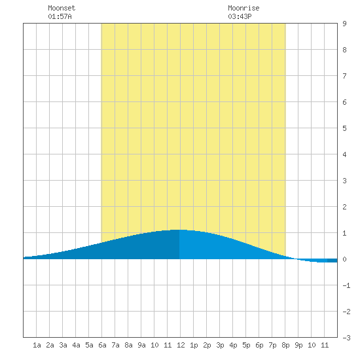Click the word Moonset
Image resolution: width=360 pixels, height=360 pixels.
pyautogui.click(x=62, y=8)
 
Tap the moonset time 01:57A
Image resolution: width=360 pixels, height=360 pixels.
pyautogui.click(x=60, y=16)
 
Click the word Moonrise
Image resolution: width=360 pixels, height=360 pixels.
pyautogui.click(x=243, y=8)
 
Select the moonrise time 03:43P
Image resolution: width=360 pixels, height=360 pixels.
pyautogui.click(x=240, y=16)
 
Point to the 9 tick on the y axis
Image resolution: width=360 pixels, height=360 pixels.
pyautogui.click(x=344, y=24)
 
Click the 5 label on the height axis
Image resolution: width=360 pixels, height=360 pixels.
pyautogui.click(x=344, y=128)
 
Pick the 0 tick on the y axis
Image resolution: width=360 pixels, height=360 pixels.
pyautogui.click(x=344, y=259)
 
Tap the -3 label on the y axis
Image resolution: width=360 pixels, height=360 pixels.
pyautogui.click(x=346, y=338)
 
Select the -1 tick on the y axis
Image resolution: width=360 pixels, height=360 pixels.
pyautogui.click(x=346, y=285)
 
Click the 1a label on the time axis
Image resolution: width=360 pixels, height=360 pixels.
pyautogui.click(x=37, y=345)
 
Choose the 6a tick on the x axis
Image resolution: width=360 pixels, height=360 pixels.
pyautogui.click(x=102, y=345)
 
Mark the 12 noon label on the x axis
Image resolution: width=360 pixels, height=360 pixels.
pyautogui.click(x=181, y=345)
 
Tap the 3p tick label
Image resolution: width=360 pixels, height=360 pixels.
pyautogui.click(x=220, y=345)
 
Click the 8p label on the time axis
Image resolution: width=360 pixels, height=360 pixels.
pyautogui.click(x=285, y=345)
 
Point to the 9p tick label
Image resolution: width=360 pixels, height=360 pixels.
pyautogui.click(x=298, y=345)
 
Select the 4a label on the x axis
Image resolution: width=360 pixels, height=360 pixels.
pyautogui.click(x=76, y=345)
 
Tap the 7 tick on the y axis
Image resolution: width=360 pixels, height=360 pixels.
pyautogui.click(x=344, y=76)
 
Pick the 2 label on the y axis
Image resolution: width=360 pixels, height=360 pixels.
pyautogui.click(x=344, y=207)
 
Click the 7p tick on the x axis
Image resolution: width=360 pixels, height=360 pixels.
pyautogui.click(x=272, y=345)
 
